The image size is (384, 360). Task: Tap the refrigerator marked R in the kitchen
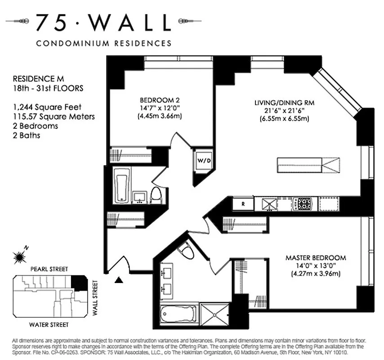[x=243, y=204]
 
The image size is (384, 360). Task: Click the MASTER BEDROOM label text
[x=316, y=258]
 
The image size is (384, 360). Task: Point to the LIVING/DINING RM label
[x=284, y=103]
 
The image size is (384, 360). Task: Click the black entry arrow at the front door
[x=119, y=280]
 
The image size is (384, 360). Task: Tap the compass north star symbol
[x=20, y=256]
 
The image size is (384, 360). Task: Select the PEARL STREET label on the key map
[x=49, y=269]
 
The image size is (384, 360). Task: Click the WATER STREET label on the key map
[x=49, y=324]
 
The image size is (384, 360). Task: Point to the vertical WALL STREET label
[x=95, y=297]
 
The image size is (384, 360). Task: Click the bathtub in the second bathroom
[x=122, y=186]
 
